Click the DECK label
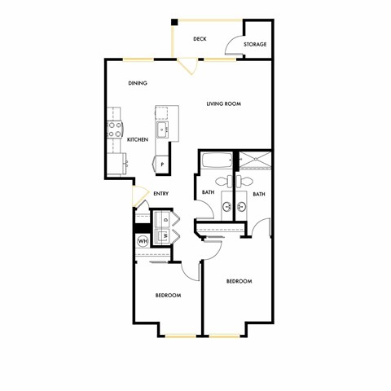tap(200, 38)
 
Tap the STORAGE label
tap(255, 44)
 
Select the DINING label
tap(138, 83)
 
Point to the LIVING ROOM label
tap(224, 103)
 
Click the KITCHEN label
tap(138, 140)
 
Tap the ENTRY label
tap(160, 193)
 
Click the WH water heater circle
tap(142, 240)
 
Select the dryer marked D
tap(165, 220)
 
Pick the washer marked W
tap(165, 235)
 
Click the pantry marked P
tap(162, 164)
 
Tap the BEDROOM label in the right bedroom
tap(239, 281)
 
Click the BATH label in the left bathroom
tap(208, 193)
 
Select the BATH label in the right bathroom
tap(258, 194)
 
